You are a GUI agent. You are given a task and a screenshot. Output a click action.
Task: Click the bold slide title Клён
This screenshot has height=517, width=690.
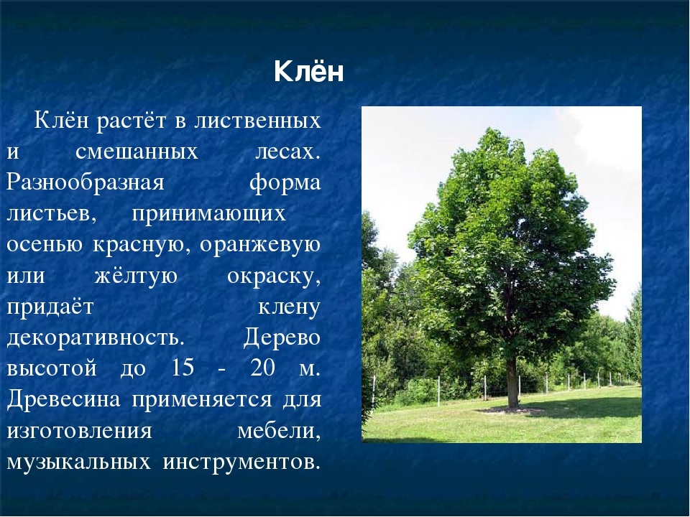(x=308, y=71)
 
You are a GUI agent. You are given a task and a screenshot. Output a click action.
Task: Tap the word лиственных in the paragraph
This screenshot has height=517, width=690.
(x=257, y=121)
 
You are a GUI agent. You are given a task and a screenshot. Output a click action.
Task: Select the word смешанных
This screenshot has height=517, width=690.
(x=137, y=152)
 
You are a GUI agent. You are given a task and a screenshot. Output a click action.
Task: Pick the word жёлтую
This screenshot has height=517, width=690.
(x=136, y=276)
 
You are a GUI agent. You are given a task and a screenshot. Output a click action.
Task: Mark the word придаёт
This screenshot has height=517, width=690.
(x=50, y=307)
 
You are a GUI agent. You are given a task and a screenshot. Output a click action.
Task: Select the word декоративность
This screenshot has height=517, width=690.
(x=93, y=338)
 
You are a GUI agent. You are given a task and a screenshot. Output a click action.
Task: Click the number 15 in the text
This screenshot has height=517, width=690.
(x=182, y=368)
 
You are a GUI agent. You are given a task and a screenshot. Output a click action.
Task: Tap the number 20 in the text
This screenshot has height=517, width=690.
(x=263, y=368)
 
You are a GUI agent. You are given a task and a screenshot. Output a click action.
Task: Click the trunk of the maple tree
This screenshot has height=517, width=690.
(x=512, y=383)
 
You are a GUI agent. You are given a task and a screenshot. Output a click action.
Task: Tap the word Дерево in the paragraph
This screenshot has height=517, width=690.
(x=282, y=338)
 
